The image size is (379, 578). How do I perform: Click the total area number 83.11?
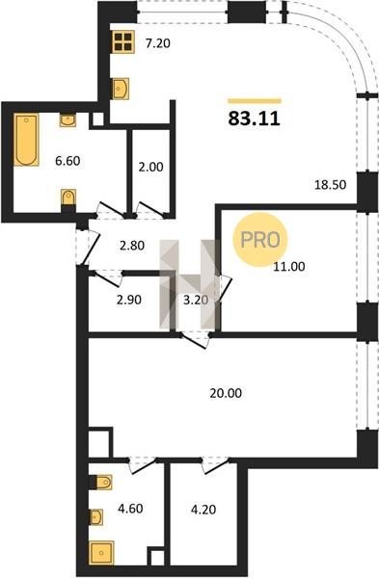tap(255, 118)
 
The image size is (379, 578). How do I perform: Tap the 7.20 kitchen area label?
tap(157, 44)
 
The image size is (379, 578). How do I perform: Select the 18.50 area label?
tap(330, 184)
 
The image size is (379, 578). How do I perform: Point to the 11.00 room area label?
tap(289, 266)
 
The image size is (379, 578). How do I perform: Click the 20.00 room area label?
tap(226, 393)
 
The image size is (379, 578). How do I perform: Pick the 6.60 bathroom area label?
tap(68, 161)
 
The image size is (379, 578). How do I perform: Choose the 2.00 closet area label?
tap(150, 167)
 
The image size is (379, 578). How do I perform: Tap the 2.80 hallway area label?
tap(132, 245)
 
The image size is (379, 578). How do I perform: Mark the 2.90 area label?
tap(129, 300)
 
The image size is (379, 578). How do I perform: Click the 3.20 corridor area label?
tap(196, 300)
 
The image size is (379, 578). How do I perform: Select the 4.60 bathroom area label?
tap(130, 509)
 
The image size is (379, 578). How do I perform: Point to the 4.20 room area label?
tap(203, 510)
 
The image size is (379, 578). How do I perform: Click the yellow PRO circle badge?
tap(260, 240)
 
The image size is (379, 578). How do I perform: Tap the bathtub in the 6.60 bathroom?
tap(26, 140)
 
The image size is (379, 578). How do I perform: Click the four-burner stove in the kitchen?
tap(122, 41)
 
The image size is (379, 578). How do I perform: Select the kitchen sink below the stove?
tap(121, 89)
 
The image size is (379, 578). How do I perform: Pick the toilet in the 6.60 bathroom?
tap(68, 199)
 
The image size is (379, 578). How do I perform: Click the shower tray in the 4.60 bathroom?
tap(101, 553)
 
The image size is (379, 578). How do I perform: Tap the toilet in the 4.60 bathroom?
tap(100, 483)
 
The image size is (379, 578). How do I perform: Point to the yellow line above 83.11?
tap(255, 100)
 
